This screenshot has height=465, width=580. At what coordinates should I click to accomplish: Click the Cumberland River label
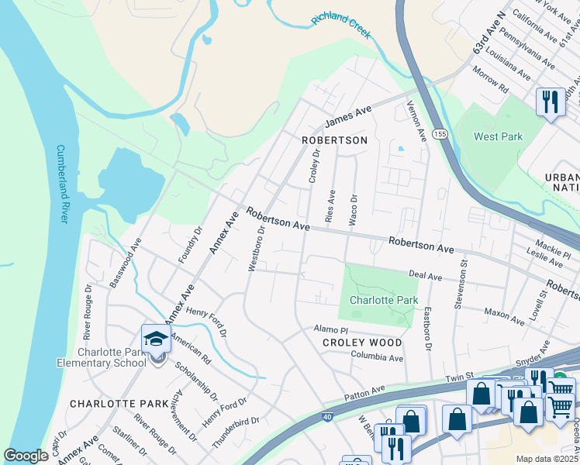point(63,184)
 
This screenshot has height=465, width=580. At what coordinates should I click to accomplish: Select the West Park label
point(498,137)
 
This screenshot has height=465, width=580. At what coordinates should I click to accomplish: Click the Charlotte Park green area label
point(383,300)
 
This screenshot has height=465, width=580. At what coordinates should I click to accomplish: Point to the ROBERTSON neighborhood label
point(334,140)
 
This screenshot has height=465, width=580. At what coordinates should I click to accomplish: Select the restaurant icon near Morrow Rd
point(551,102)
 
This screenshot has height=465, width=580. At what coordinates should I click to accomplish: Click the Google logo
point(26,456)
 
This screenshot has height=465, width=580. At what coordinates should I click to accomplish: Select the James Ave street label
point(349,116)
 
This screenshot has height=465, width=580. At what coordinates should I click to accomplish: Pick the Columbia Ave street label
point(377,358)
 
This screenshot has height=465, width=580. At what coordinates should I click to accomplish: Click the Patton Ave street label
point(366,389)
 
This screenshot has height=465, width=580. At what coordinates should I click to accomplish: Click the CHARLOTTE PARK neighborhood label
point(108,404)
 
